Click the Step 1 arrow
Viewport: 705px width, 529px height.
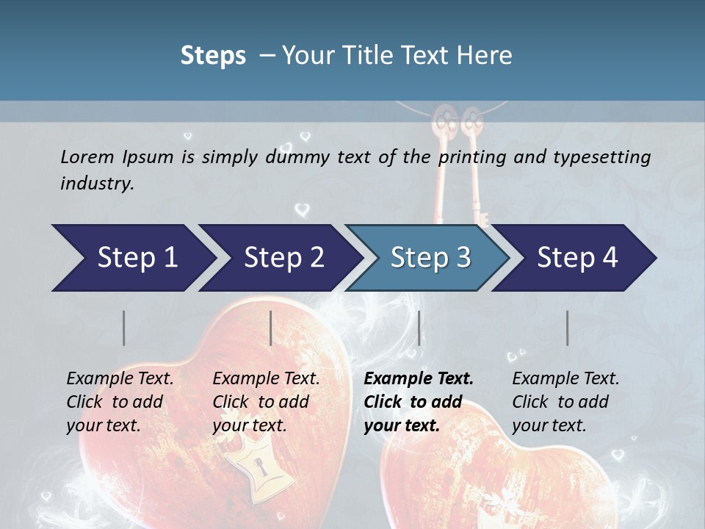(132, 258)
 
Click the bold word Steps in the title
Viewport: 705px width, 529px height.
(213, 56)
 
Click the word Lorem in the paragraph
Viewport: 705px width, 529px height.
(87, 156)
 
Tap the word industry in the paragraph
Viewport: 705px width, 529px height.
(96, 183)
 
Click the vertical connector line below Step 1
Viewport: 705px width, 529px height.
(124, 328)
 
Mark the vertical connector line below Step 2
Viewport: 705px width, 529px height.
(271, 328)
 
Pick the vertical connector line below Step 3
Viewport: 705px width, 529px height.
(419, 328)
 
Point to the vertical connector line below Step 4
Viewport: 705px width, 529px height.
(568, 328)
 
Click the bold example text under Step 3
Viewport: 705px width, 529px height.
(418, 402)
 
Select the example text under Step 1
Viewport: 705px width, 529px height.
(120, 402)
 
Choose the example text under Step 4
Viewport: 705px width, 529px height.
(565, 402)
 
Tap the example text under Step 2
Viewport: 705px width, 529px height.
(266, 402)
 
